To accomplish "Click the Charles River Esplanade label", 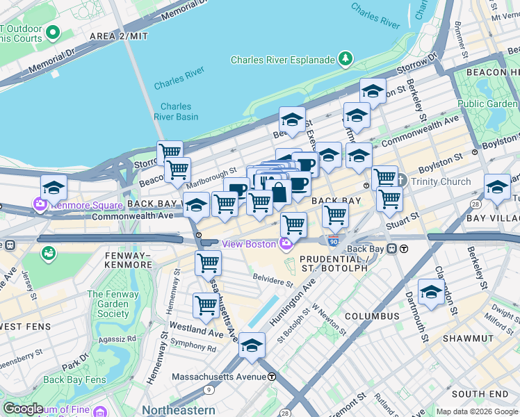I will [282, 60].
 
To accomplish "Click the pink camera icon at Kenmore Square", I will [39, 206].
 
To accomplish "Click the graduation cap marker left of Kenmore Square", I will [54, 187].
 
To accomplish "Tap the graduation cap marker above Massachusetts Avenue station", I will [252, 345].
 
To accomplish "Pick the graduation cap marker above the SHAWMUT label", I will [431, 291].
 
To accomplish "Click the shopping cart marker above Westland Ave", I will [206, 305].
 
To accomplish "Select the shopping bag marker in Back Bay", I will [278, 193].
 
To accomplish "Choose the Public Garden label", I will [487, 104].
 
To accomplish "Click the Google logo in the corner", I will [23, 409].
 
